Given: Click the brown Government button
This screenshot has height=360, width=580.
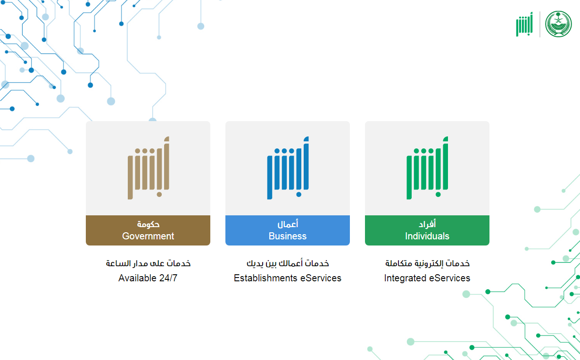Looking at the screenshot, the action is click(x=148, y=230).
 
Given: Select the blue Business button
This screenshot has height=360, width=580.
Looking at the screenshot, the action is click(x=288, y=230).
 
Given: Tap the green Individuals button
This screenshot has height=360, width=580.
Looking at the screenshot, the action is click(x=427, y=230).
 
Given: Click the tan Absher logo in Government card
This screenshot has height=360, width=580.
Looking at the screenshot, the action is click(x=149, y=168).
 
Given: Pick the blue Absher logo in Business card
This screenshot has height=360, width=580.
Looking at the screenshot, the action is click(x=288, y=168).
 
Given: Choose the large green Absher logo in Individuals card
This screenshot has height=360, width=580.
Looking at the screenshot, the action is click(x=427, y=168).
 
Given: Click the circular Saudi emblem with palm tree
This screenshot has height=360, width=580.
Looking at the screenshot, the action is click(x=558, y=24).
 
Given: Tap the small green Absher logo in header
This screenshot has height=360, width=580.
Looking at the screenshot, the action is click(x=524, y=25).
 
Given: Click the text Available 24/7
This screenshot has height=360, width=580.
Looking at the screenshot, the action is click(x=148, y=278).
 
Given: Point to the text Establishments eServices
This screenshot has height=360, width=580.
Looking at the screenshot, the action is click(x=288, y=278).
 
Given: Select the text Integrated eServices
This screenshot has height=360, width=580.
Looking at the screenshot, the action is click(x=427, y=278).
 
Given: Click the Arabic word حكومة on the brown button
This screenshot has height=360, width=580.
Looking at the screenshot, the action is click(x=148, y=224).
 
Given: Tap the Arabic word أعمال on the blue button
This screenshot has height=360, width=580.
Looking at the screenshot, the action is click(x=288, y=224).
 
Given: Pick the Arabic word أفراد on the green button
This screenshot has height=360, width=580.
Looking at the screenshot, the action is click(x=427, y=224).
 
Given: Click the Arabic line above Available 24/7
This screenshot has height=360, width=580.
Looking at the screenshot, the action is click(x=148, y=263).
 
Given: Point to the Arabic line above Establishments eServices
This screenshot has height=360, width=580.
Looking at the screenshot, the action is click(x=288, y=263).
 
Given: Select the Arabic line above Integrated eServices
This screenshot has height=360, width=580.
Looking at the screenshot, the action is click(x=427, y=263).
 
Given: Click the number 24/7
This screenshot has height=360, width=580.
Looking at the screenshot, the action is click(x=168, y=278).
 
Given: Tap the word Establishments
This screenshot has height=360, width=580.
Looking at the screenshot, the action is click(x=265, y=278).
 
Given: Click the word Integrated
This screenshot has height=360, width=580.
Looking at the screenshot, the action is click(x=405, y=278).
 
